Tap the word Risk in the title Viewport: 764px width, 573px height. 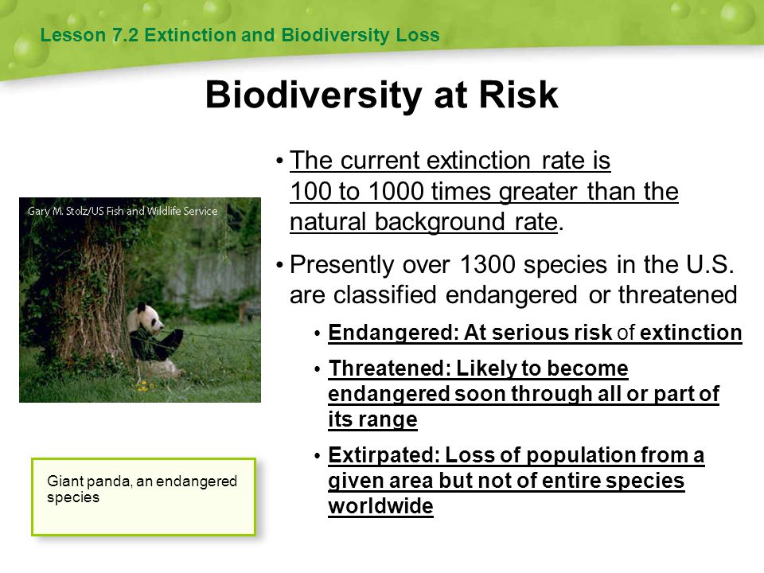518,95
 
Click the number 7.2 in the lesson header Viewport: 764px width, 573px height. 126,35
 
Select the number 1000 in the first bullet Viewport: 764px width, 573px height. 396,191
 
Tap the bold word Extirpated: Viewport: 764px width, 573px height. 384,455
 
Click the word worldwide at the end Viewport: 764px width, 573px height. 380,506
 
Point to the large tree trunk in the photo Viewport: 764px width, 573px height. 92,302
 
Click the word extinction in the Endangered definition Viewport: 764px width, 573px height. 691,333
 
